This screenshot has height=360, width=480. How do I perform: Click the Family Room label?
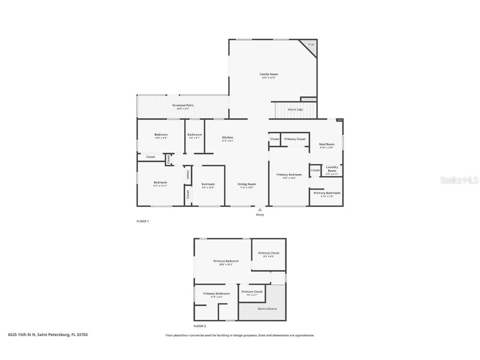269,74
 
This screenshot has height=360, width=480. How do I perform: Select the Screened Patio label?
183,105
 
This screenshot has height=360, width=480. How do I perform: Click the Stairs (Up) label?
295,109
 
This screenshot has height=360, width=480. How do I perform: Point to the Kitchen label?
227,137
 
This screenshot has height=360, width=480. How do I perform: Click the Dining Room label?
247,184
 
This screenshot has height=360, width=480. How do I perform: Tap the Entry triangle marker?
260,210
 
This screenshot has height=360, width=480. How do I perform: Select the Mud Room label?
327,144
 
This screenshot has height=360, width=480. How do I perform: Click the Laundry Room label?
332,169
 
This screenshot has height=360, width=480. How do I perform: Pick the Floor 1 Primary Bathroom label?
327,193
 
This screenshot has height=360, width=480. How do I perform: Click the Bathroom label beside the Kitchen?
195,135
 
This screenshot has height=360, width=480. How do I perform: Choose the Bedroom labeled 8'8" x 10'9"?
208,184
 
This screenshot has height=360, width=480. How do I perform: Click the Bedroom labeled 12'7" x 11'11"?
160,182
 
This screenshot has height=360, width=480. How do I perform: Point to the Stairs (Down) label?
266,309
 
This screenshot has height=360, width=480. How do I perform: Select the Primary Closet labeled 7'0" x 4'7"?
252,292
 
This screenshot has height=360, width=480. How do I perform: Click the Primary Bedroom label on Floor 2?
226,261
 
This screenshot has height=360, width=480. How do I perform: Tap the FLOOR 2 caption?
200,326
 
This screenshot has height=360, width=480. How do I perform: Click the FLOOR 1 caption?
142,221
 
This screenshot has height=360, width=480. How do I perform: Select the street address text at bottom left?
48,335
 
